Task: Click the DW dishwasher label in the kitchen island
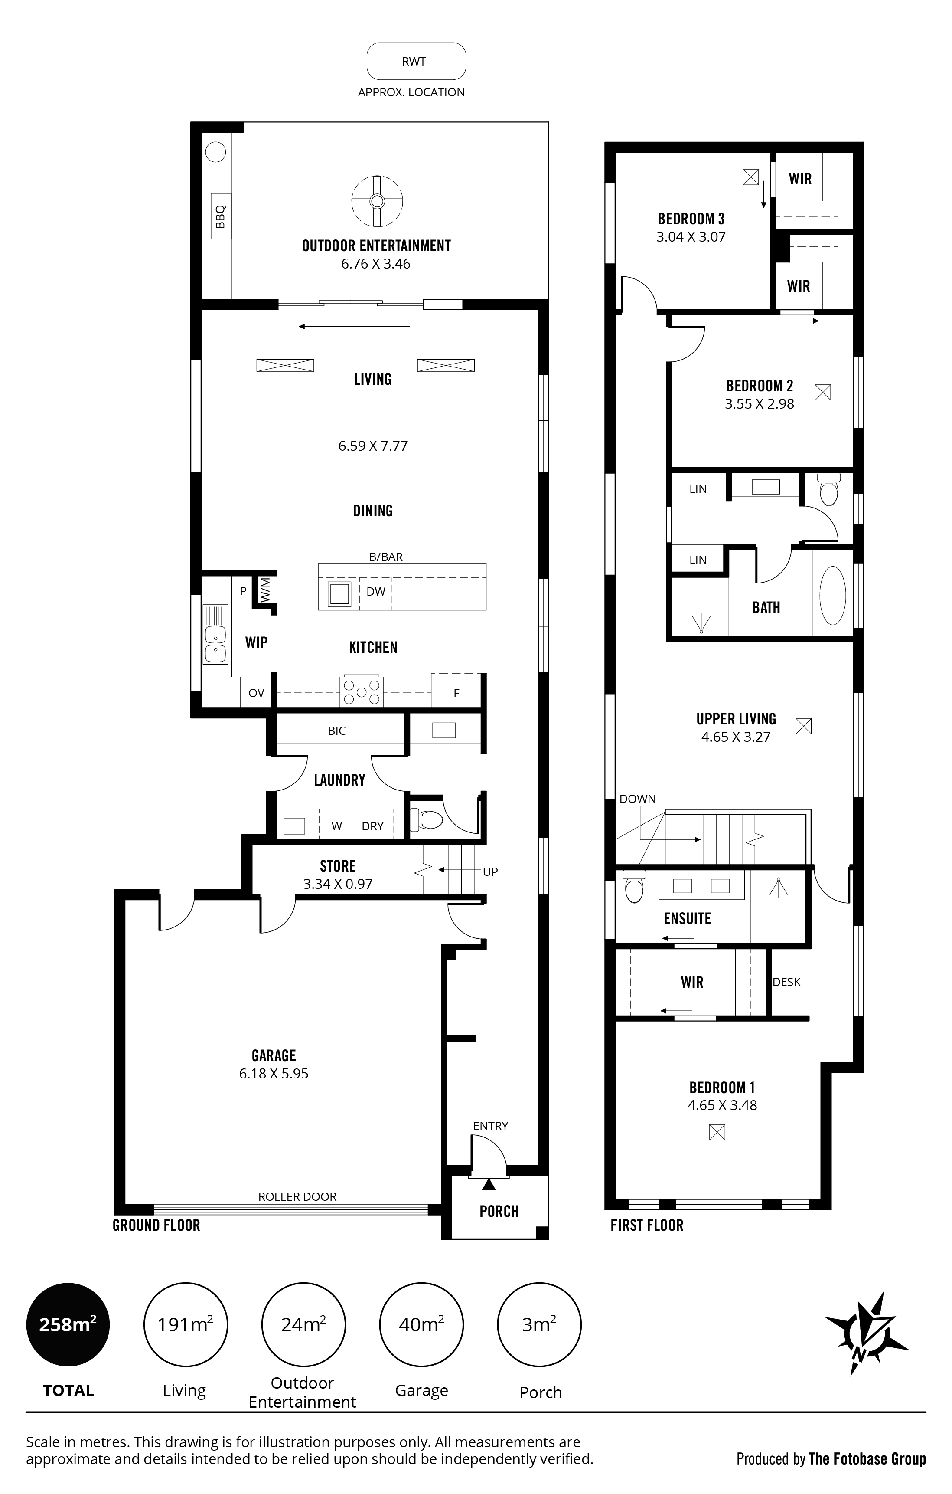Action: click(x=376, y=592)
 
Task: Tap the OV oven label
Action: click(x=256, y=693)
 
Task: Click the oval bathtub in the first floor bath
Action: click(x=833, y=597)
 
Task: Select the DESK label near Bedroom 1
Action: click(x=786, y=982)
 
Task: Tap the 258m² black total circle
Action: click(x=68, y=1325)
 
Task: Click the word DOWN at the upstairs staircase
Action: click(x=638, y=799)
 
